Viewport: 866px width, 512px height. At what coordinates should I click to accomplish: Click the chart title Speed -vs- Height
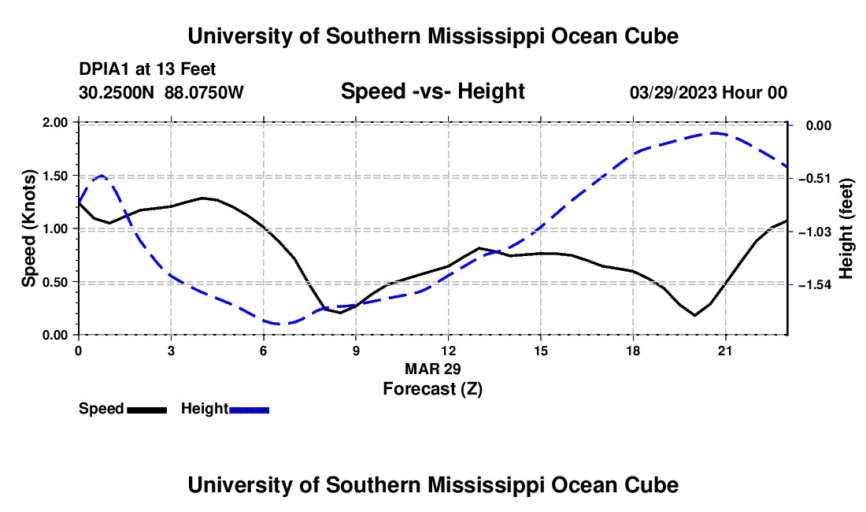432,91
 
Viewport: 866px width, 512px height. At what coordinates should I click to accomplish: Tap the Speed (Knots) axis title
28,228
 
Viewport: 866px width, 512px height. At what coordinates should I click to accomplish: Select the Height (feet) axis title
846,228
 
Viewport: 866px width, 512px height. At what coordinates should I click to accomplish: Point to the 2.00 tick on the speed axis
54,122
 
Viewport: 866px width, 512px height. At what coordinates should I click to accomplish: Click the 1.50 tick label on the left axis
54,176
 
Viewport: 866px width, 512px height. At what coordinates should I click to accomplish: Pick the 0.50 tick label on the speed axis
54,282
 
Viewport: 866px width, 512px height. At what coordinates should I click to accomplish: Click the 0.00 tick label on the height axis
819,126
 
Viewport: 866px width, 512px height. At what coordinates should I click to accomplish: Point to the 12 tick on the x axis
449,351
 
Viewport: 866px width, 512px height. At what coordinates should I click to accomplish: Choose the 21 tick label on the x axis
725,351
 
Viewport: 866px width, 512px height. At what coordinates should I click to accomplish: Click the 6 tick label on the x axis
264,351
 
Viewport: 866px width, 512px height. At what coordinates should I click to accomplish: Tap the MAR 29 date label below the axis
432,369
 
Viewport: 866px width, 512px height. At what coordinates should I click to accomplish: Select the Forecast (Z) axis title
432,389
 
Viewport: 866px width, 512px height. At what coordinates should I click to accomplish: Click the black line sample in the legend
147,410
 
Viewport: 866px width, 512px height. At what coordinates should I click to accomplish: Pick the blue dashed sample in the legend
249,410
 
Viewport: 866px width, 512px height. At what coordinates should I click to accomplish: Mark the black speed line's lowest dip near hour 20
695,315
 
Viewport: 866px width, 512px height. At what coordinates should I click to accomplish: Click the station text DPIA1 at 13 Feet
147,69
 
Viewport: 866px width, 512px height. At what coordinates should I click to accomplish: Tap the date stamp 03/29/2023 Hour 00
708,93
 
